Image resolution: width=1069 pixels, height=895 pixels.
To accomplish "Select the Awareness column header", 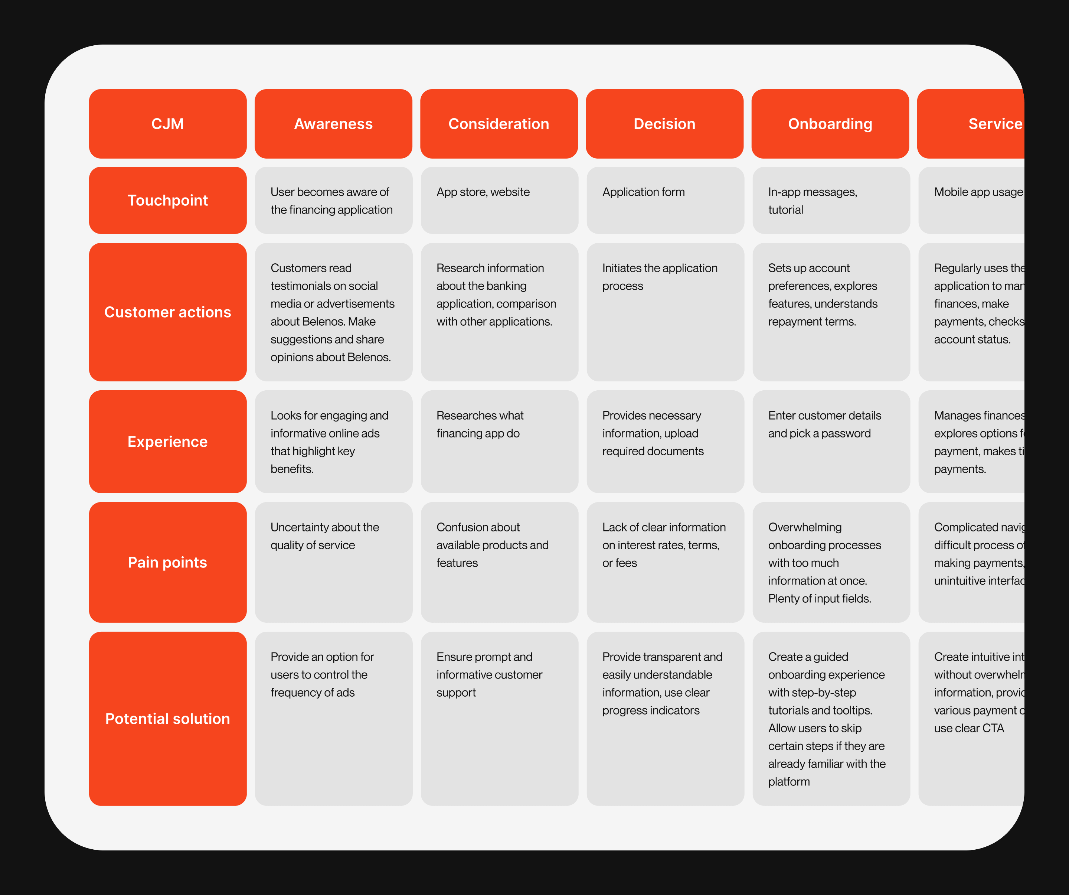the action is point(333,124).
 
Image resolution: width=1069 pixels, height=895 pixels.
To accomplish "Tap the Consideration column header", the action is point(499,124).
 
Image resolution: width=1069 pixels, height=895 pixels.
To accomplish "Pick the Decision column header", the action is point(664,124).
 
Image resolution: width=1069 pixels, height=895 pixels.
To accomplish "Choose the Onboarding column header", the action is point(830,124).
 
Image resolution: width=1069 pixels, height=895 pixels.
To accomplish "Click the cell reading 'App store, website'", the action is point(499,200).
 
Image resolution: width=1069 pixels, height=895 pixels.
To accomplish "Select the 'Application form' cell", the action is point(665,200).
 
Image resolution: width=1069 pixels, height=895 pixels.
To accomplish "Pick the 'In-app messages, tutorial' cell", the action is point(831,200).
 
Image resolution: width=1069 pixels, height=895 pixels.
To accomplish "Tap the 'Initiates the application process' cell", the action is point(665,312).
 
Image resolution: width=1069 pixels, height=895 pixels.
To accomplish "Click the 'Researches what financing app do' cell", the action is point(499,442).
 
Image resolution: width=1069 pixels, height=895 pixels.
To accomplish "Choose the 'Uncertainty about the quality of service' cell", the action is point(333,562).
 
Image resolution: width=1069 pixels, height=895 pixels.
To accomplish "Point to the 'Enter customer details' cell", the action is point(831,442).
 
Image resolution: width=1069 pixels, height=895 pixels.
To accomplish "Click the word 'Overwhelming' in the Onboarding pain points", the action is point(805,527).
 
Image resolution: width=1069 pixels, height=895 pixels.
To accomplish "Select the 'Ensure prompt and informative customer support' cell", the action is point(499,718).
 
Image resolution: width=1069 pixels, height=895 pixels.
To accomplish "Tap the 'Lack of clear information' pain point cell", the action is point(665,562).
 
